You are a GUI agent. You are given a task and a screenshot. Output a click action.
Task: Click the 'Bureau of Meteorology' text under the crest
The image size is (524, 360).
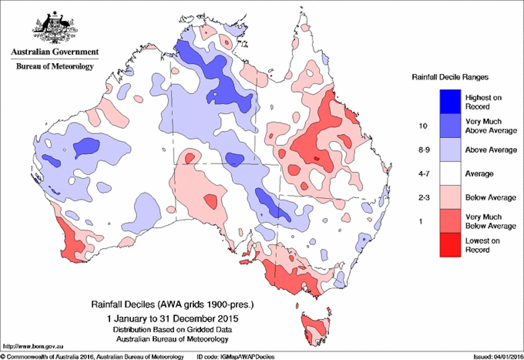[55, 66]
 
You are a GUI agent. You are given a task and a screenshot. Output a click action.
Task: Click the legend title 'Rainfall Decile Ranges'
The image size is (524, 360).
[450, 77]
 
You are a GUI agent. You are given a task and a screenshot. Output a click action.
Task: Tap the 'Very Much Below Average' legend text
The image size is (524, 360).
[484, 221]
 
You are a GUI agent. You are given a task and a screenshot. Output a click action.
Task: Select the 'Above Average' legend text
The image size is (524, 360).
[491, 150]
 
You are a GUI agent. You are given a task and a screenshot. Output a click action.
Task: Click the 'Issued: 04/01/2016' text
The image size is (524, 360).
[497, 357]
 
